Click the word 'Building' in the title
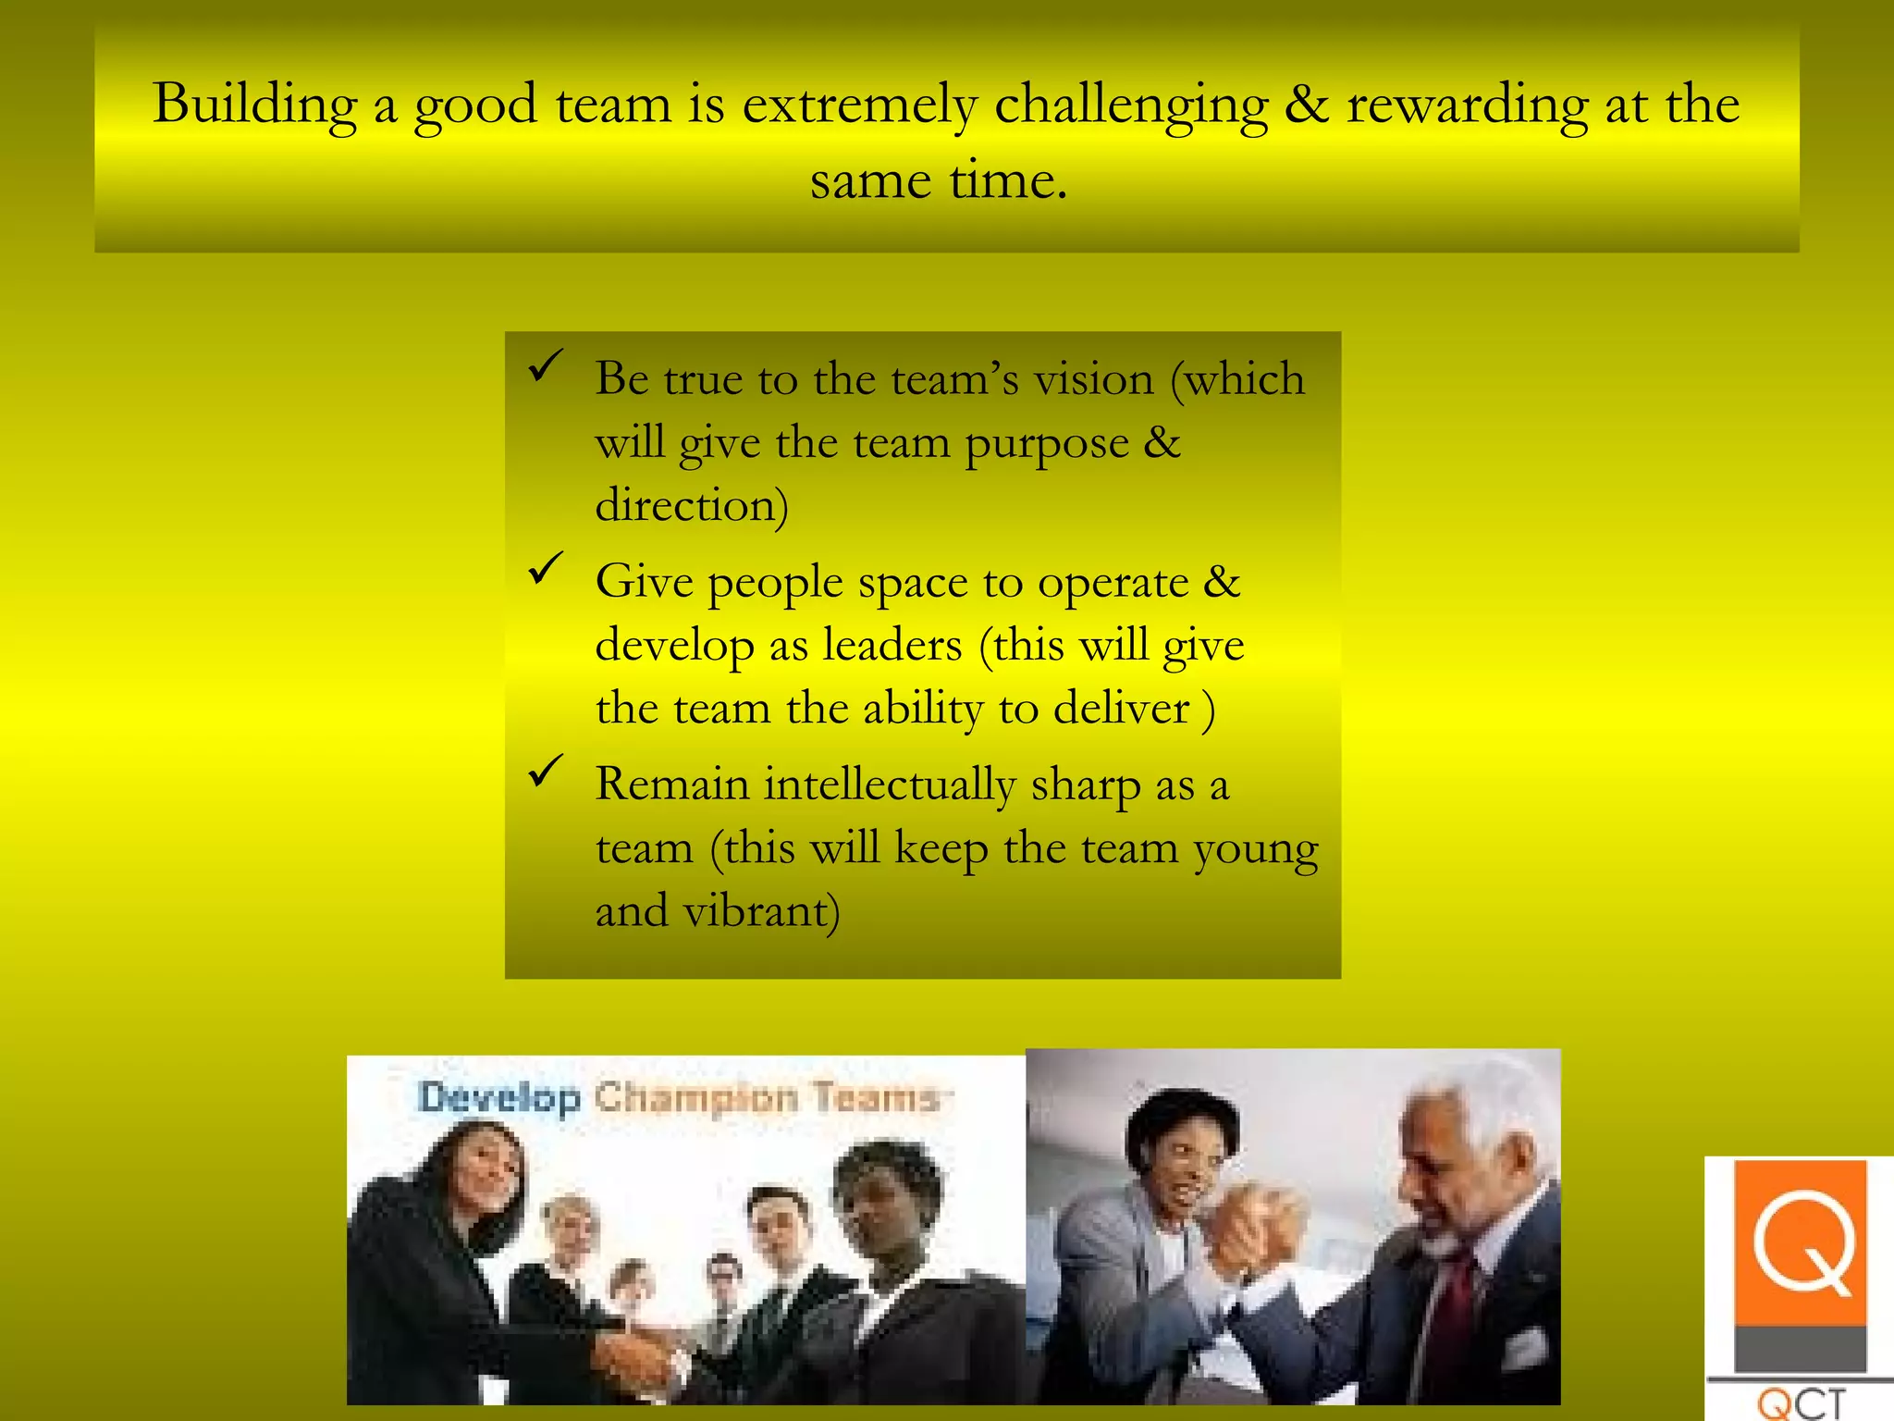[x=254, y=104]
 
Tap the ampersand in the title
[x=1306, y=104]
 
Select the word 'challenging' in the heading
[x=1130, y=105]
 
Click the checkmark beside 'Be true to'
[x=546, y=366]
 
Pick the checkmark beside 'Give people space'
[x=546, y=568]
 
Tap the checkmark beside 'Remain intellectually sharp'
[x=546, y=771]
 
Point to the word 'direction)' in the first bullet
[x=692, y=506]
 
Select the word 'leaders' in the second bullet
[x=892, y=645]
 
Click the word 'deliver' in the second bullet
[x=1121, y=709]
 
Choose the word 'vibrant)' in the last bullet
[x=761, y=911]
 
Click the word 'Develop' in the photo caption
[x=498, y=1098]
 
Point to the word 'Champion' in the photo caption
[x=695, y=1098]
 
